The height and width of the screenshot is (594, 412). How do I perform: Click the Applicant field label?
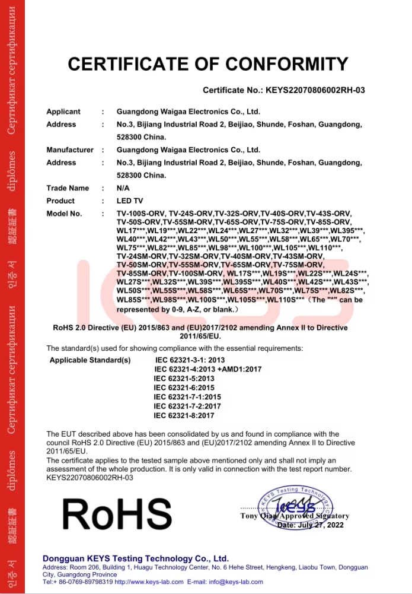[63, 112]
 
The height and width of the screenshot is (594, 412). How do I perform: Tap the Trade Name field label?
[68, 188]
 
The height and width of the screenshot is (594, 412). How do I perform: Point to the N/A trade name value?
[123, 188]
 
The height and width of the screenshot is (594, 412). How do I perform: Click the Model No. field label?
[65, 214]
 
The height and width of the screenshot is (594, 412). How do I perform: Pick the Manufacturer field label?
[70, 150]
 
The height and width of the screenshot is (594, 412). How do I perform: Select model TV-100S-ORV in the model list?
[141, 214]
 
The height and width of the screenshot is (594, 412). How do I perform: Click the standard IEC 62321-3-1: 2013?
[190, 360]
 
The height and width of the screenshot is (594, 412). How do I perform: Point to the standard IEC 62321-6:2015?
[184, 387]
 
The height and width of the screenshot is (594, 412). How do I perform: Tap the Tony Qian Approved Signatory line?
[295, 516]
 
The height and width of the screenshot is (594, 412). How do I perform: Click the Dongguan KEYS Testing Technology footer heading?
[136, 558]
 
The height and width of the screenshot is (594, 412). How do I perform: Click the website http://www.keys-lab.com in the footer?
[152, 582]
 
